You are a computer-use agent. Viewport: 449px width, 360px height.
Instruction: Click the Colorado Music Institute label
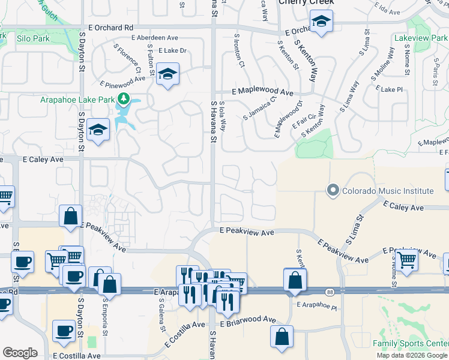point(388,191)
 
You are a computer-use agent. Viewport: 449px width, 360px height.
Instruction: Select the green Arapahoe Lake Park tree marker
point(124,99)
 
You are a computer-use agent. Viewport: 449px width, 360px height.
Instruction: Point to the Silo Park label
point(33,38)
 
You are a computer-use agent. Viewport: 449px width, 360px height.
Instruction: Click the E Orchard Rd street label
point(110,28)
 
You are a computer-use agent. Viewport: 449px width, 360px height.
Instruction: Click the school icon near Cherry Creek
point(321,23)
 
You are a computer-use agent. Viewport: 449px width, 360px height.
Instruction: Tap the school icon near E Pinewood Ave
point(168,74)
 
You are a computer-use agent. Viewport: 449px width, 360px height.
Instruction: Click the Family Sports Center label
point(411,343)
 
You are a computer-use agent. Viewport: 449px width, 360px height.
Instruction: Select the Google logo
point(20,352)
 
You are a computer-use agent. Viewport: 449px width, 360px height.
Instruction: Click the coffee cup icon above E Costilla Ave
point(64,331)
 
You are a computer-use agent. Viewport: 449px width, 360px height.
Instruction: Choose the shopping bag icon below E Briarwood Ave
point(282,337)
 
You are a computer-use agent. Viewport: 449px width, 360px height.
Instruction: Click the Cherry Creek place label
point(306,2)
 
